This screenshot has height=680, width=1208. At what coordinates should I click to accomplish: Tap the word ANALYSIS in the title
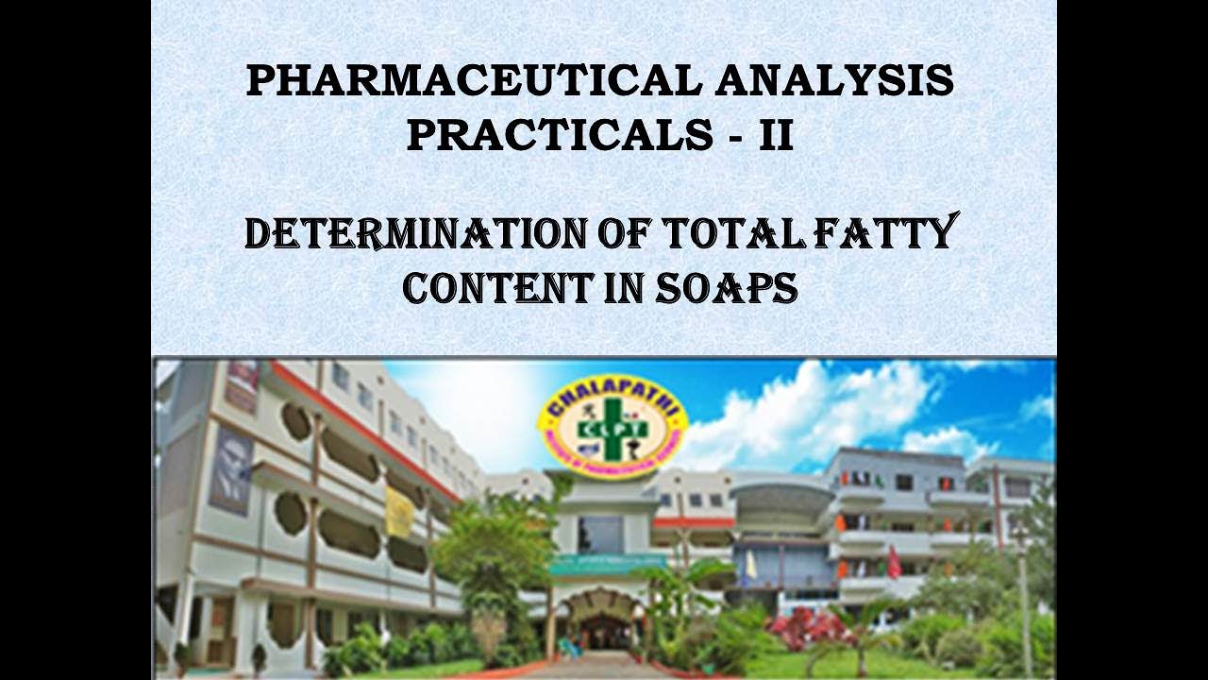click(x=834, y=81)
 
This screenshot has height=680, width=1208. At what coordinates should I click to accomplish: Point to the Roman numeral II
click(x=776, y=136)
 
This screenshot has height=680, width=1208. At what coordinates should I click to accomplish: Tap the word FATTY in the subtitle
click(x=893, y=233)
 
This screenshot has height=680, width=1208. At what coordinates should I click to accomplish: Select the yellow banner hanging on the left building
click(x=399, y=512)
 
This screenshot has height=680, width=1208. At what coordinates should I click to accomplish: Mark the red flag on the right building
click(x=893, y=564)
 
